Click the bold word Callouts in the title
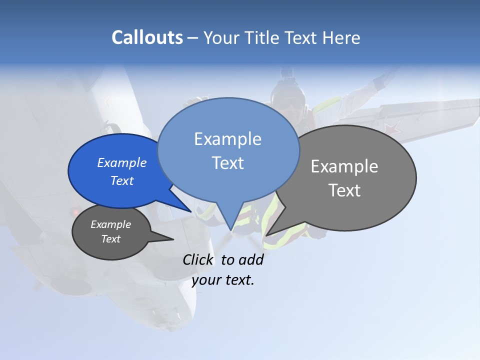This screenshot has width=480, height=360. tap(147, 37)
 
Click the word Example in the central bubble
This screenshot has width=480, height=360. tap(228, 138)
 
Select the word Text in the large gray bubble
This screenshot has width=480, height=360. tap(344, 190)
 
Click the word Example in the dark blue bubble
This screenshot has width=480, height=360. tap(122, 162)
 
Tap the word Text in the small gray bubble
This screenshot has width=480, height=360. tap(111, 239)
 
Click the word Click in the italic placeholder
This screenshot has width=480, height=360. tap(197, 259)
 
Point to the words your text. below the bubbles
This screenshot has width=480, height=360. tap(223, 280)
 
